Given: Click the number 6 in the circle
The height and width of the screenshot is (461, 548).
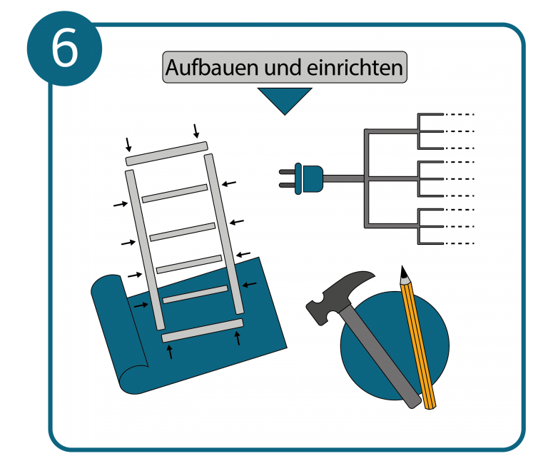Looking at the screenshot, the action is click(x=65, y=48).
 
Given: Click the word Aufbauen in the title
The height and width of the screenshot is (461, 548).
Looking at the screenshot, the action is click(x=213, y=68).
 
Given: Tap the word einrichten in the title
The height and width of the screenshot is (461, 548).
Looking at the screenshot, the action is click(x=355, y=68).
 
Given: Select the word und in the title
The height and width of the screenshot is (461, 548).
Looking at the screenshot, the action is click(x=284, y=69).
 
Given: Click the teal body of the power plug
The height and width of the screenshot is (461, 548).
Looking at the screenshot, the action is click(x=312, y=178).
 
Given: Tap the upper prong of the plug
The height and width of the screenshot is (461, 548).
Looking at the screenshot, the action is click(x=287, y=171).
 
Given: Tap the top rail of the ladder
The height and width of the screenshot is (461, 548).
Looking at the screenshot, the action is click(x=167, y=153).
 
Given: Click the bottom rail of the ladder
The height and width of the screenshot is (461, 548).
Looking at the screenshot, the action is click(x=203, y=330).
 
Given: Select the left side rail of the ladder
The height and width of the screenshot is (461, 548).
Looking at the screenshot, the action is click(x=145, y=250).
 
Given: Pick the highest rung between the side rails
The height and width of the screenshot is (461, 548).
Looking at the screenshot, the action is click(x=175, y=193).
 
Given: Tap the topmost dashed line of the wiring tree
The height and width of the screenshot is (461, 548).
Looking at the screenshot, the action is click(x=459, y=114).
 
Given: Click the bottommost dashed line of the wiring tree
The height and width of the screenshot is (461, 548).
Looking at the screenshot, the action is click(x=459, y=243).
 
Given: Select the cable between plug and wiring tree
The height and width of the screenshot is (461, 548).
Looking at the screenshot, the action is click(x=344, y=178).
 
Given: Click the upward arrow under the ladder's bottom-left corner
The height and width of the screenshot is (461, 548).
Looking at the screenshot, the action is click(x=170, y=352).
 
